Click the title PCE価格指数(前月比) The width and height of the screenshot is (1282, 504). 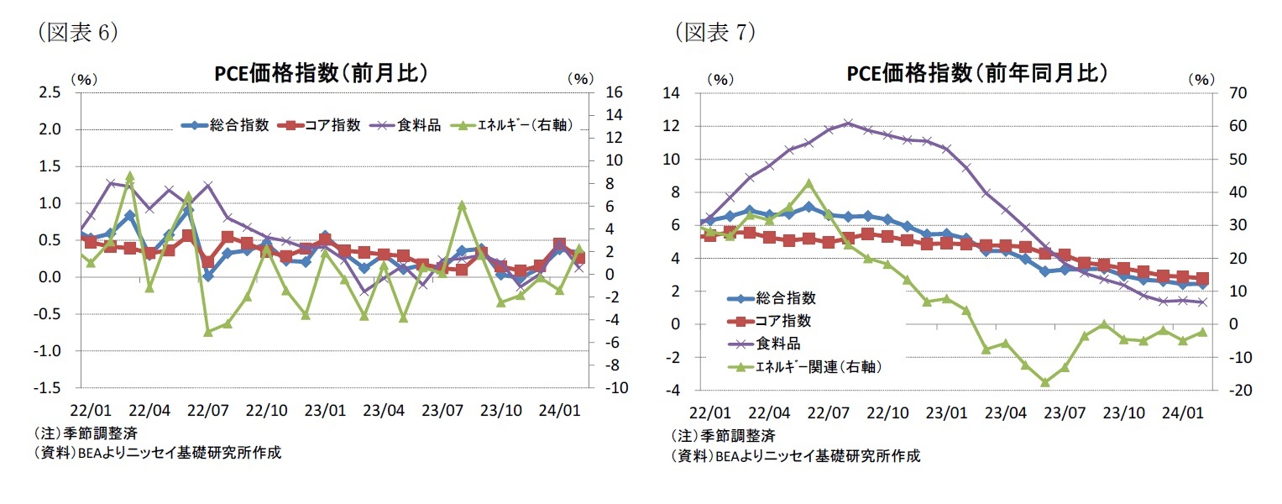coord(322,73)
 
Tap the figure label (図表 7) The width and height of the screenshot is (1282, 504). coord(714,32)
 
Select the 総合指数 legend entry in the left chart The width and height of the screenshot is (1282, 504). coord(226,125)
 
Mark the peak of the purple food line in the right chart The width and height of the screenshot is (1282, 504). coord(848,123)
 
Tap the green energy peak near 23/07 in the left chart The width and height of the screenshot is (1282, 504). coord(461,204)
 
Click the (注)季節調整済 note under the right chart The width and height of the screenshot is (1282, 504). coord(723,435)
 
